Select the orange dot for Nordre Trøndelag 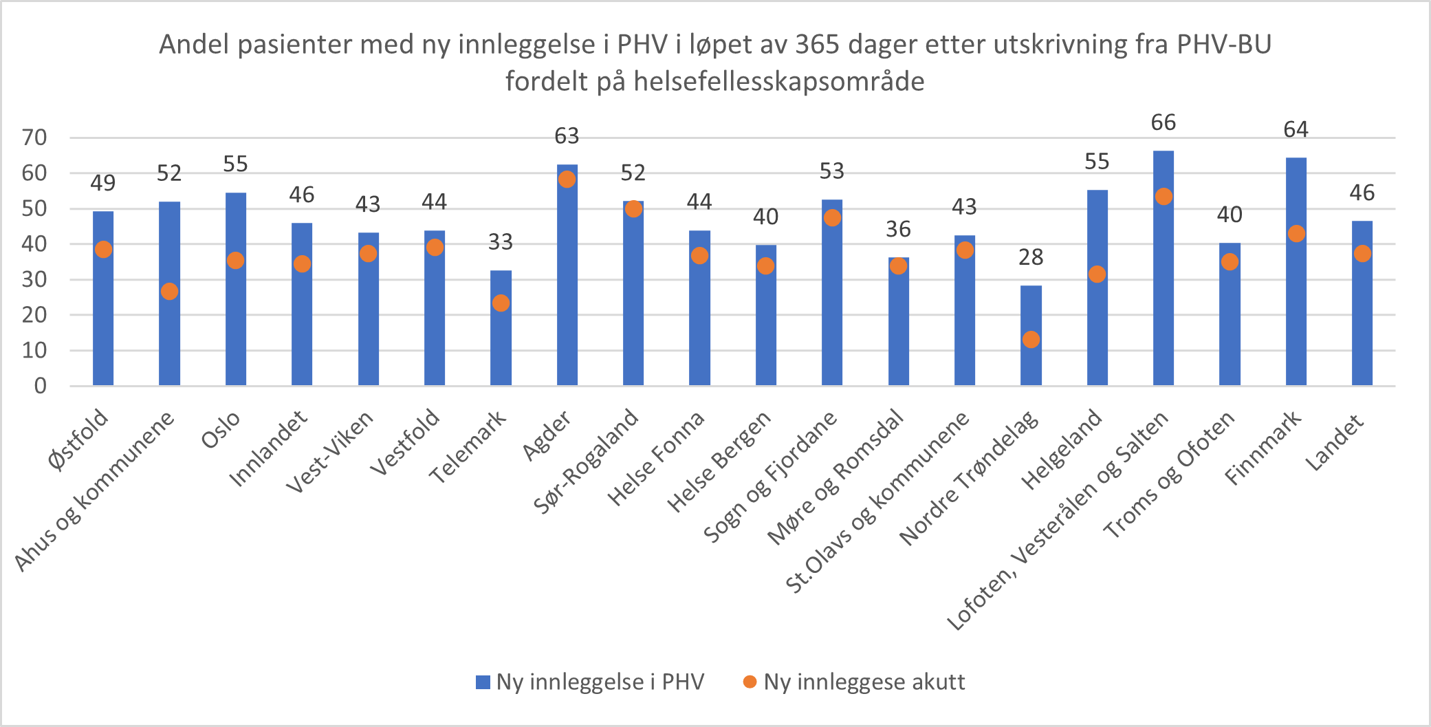point(1031,340)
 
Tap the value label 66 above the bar point(1164,123)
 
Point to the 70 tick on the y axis point(34,138)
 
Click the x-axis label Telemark point(468,447)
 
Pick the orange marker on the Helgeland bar point(1097,274)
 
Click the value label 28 point(1031,257)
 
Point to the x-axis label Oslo point(221,430)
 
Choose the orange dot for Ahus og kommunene point(170,292)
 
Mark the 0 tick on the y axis point(41,386)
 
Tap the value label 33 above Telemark point(501,242)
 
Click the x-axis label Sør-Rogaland point(587,461)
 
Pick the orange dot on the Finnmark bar point(1296,234)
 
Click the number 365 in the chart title point(818,45)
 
